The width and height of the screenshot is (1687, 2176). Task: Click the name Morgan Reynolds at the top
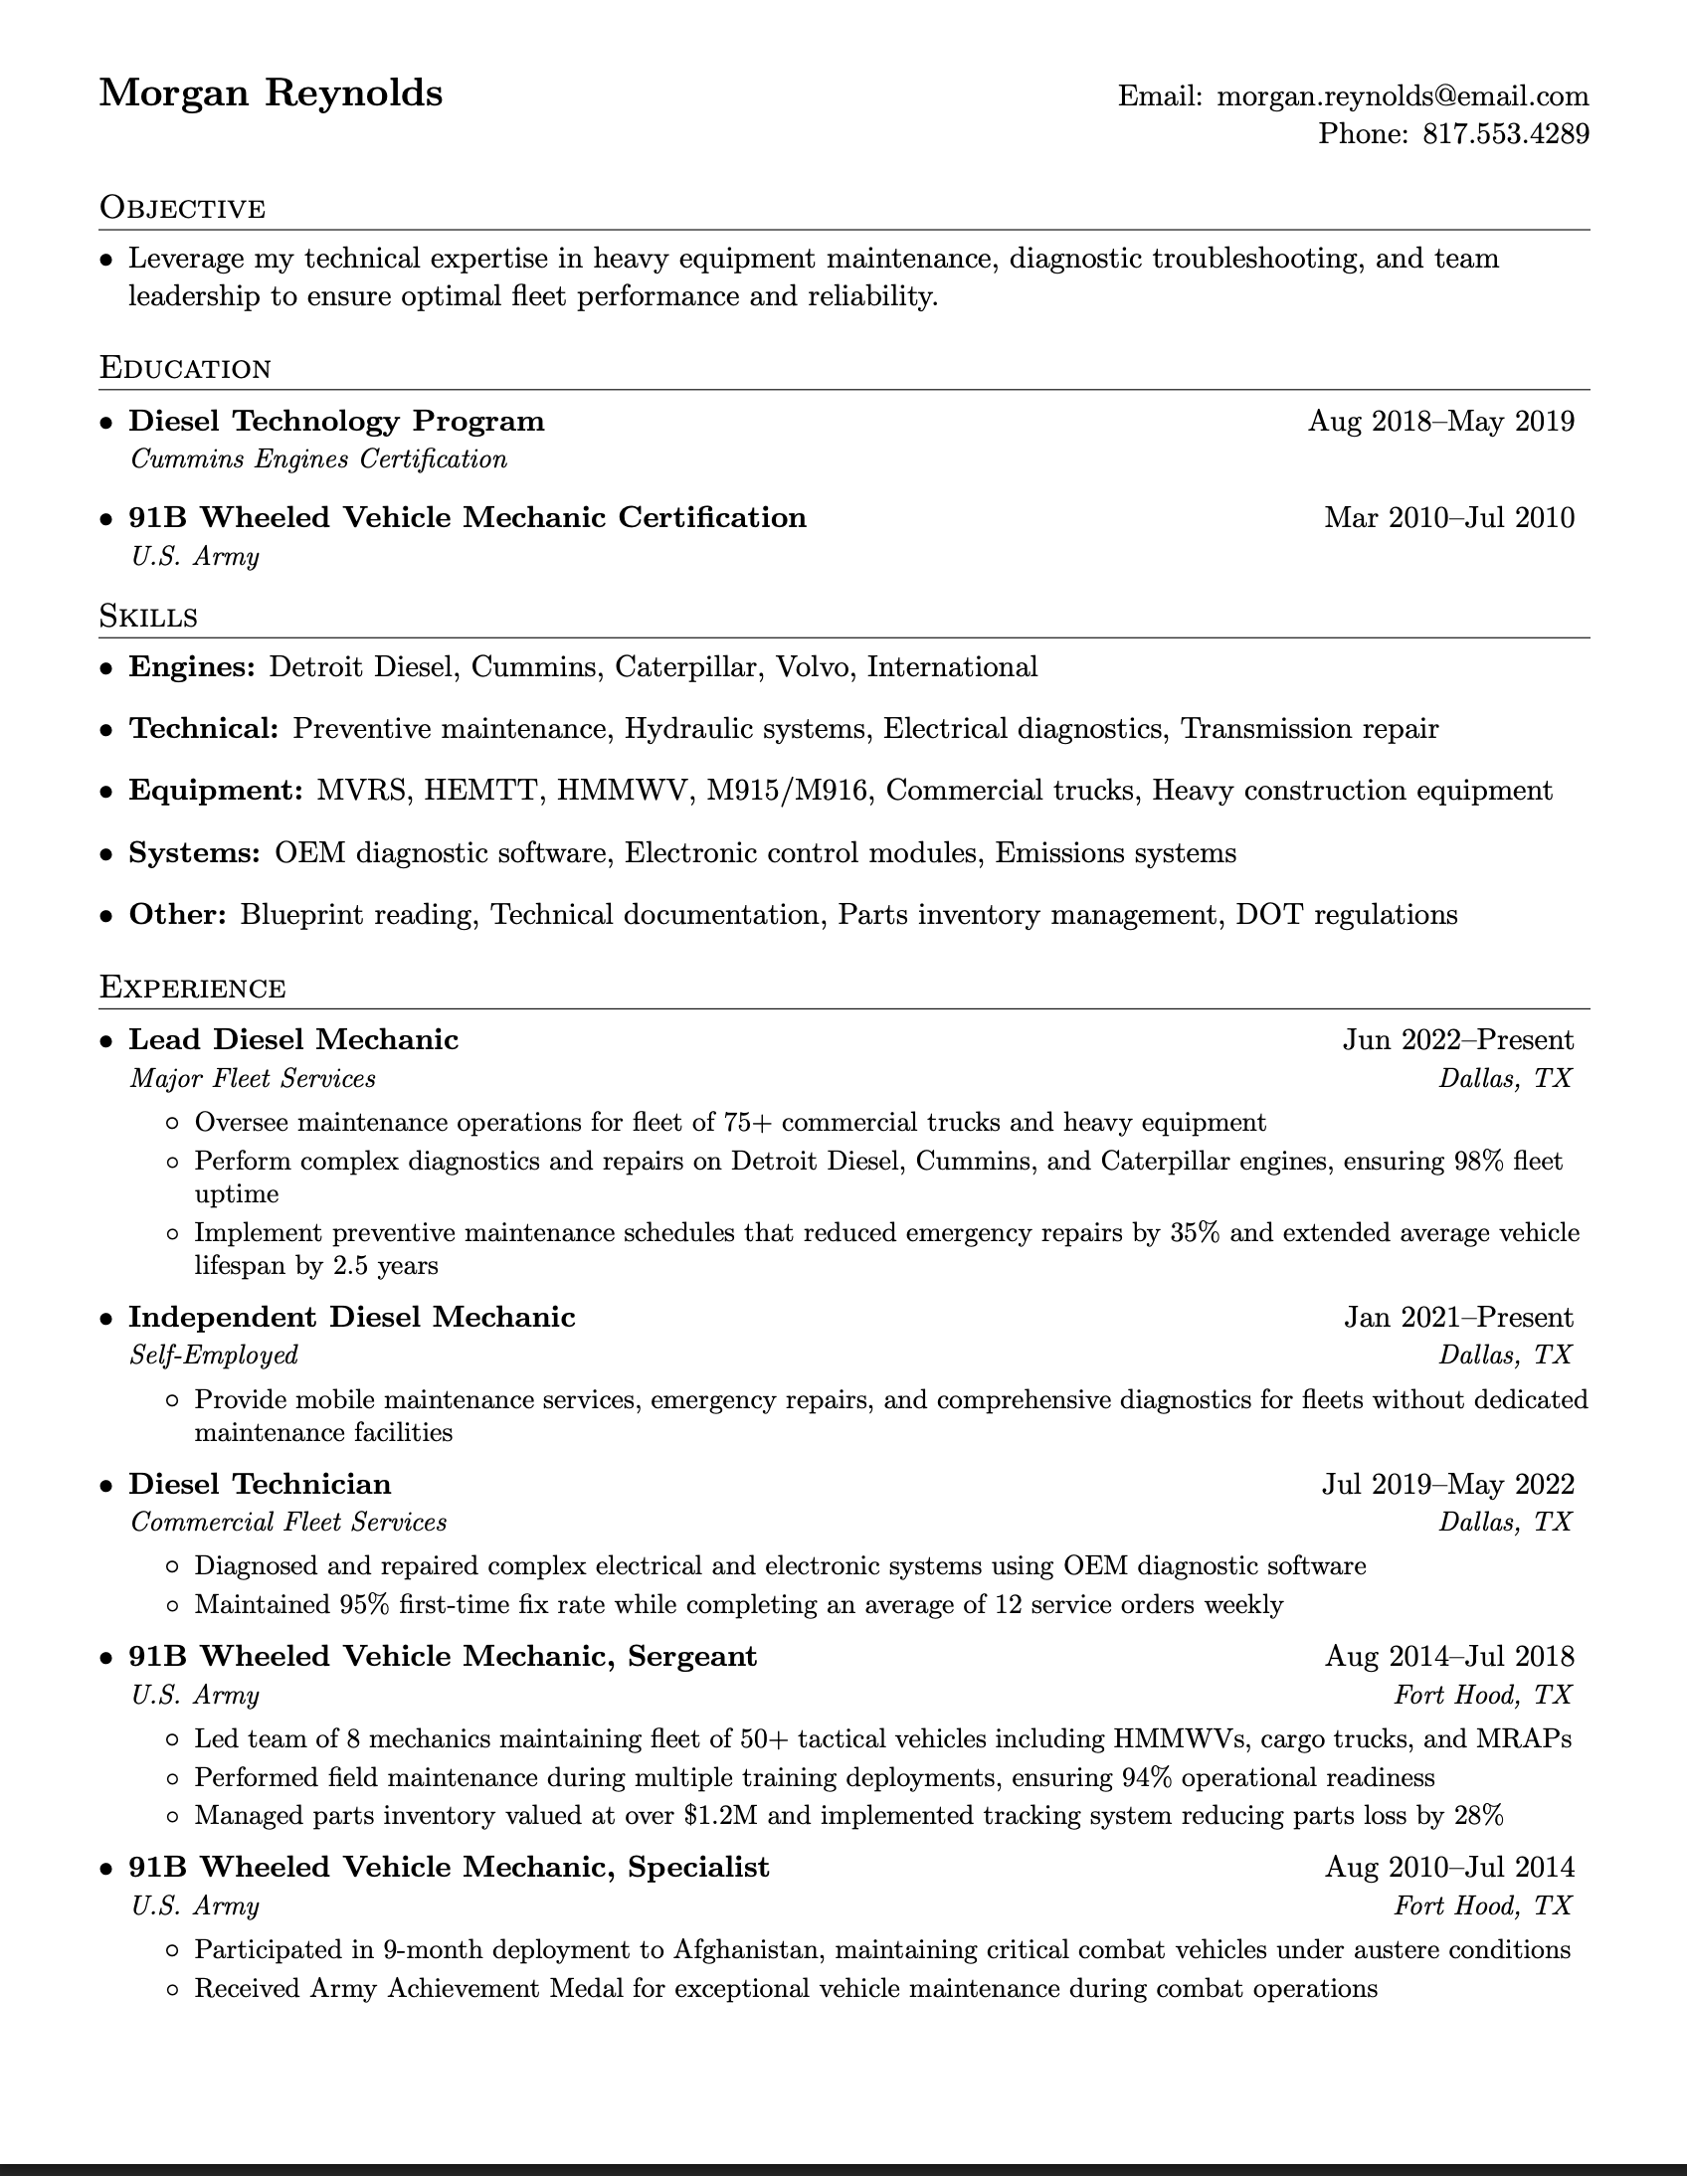[271, 93]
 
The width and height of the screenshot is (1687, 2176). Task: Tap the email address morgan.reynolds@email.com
[1402, 95]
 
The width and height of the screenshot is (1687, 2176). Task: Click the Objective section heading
[182, 208]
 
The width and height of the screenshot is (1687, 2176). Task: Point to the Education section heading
[185, 368]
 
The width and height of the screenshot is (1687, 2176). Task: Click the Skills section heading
[148, 617]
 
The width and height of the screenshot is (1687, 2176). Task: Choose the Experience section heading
[192, 988]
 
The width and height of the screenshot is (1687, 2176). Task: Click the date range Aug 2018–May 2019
[1441, 422]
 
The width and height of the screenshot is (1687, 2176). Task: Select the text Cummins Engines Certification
[319, 459]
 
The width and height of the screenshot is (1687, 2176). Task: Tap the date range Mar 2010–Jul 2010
[1449, 518]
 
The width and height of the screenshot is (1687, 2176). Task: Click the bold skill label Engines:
[192, 666]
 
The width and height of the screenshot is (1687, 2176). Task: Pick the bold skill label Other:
[178, 915]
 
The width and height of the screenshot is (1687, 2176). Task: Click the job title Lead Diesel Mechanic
[294, 1040]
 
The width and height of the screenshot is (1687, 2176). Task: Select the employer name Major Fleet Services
[253, 1078]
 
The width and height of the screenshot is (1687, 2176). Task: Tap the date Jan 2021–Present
[1458, 1317]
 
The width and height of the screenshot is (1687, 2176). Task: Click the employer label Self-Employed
[214, 1355]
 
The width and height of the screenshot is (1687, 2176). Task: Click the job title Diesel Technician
[260, 1485]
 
